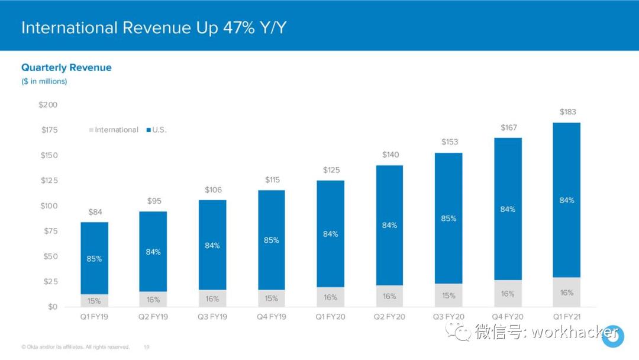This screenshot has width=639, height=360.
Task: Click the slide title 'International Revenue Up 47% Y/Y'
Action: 154,28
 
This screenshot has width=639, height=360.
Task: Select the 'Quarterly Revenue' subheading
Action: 66,67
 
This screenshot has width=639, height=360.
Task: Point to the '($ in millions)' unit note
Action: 44,81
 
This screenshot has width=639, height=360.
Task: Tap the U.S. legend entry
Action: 159,130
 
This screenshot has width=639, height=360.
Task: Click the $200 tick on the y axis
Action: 48,105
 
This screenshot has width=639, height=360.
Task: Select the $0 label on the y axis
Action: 53,307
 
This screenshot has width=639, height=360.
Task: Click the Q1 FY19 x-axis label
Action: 94,317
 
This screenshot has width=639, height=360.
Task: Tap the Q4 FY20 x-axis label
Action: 508,317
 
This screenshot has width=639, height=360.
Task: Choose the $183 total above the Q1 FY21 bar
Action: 567,112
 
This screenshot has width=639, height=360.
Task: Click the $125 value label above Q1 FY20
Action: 331,170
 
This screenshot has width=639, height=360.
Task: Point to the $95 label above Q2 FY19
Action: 153,201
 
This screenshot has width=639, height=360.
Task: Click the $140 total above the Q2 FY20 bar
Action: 390,155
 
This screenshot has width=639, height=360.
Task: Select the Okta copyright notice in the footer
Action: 75,347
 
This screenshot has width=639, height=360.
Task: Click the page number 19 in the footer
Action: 146,347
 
